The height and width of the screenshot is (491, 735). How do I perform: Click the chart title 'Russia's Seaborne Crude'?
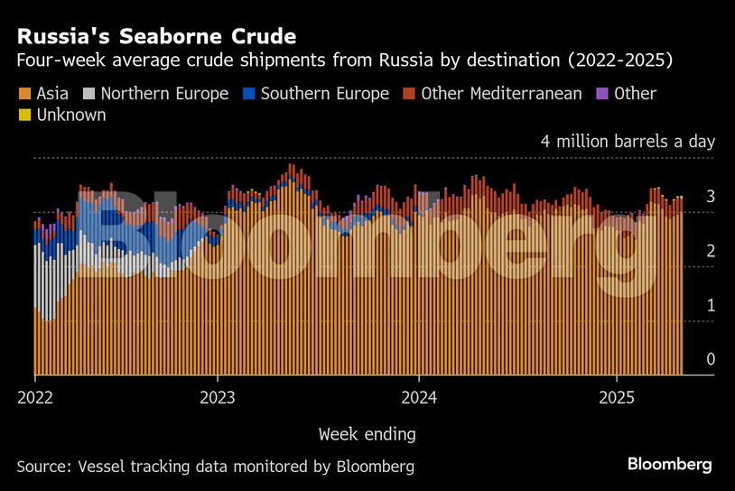point(156,37)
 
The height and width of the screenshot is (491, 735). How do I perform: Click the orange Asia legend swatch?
point(24,94)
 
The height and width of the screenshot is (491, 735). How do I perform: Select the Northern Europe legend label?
point(164,94)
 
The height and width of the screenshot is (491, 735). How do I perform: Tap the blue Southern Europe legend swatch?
point(248,94)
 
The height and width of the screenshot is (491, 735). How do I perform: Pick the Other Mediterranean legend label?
point(501,94)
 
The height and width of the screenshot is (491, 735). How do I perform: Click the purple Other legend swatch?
point(602,94)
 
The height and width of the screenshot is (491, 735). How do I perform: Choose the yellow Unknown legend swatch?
point(24,116)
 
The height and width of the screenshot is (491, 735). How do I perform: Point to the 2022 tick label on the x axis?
point(35,397)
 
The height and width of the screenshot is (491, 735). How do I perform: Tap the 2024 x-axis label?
point(419,397)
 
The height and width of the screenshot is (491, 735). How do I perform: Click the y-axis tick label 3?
point(711,196)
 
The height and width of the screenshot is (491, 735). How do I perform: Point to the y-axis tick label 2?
point(711,251)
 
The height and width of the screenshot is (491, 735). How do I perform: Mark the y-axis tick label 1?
point(711,305)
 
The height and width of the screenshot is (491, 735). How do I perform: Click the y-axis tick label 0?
point(711,359)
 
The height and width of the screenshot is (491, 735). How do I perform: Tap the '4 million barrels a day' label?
point(628,142)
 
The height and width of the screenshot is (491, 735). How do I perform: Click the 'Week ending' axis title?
point(367,434)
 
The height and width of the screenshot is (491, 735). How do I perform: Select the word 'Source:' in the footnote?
point(45,467)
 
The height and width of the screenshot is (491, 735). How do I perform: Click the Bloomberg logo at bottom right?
point(670,465)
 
